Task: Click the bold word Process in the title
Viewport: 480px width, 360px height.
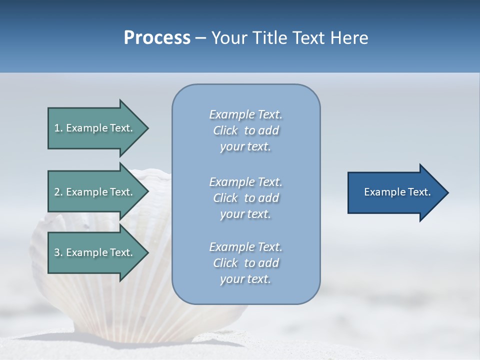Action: click(x=157, y=38)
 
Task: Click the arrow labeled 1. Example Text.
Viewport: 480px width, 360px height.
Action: click(x=95, y=128)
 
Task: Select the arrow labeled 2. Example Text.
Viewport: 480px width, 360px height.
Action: click(x=95, y=192)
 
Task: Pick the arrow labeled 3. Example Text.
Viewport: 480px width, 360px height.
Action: click(x=95, y=252)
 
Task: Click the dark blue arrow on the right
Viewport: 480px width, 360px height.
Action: click(x=395, y=192)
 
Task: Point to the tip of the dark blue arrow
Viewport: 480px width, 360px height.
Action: click(x=447, y=192)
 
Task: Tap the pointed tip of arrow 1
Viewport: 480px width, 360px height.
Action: click(x=147, y=128)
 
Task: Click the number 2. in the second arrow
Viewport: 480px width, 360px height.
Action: click(x=58, y=192)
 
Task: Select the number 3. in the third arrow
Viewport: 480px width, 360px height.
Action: click(x=58, y=252)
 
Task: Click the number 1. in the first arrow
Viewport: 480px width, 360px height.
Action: click(x=58, y=128)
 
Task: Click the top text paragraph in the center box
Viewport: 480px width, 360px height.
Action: click(x=245, y=130)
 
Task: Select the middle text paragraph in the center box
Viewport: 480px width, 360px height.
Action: click(x=245, y=197)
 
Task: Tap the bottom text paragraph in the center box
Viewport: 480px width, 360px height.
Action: click(x=245, y=263)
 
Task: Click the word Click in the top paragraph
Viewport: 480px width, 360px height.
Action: click(x=225, y=130)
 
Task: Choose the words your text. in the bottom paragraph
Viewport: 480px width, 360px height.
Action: click(x=245, y=279)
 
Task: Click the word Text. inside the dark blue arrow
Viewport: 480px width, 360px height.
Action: click(x=417, y=192)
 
